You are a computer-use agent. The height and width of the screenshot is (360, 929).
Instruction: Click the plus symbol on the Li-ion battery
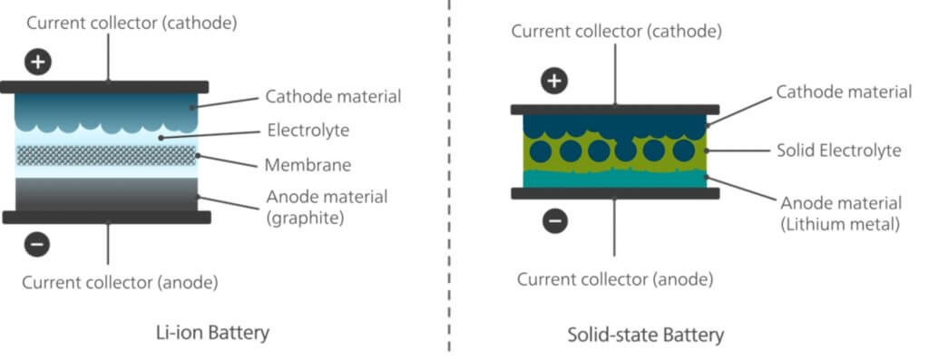pos(39,63)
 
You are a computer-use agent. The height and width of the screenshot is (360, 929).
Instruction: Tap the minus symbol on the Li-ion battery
pos(39,243)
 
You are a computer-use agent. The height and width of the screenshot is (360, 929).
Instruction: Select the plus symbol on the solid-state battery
pos(554,82)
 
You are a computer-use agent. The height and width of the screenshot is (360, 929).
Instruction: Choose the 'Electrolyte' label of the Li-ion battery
pos(308,131)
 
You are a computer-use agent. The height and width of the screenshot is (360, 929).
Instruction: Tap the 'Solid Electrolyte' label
pos(838,150)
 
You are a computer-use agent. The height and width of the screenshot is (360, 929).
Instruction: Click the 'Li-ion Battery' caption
pos(213,333)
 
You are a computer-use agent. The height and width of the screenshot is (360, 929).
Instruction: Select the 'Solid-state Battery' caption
pos(645,335)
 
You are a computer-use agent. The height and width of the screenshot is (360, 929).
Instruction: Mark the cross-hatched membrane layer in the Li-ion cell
pos(107,154)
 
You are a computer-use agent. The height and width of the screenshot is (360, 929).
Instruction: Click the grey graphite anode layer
pos(107,193)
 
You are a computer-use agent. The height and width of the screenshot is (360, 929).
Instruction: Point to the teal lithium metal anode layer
pos(615,178)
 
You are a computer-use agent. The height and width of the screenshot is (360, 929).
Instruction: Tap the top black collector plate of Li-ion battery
pos(105,86)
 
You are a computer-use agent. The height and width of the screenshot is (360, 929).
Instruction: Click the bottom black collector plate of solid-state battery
pos(615,193)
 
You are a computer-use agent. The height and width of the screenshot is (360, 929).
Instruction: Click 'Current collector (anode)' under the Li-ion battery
pos(121,283)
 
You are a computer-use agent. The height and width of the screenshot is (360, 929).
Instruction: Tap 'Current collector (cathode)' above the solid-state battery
pos(616,32)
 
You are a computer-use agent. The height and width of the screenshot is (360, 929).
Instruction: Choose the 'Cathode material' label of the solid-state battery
pos(844,92)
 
